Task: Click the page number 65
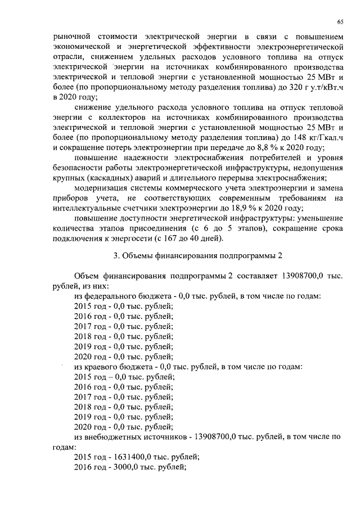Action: tap(340, 21)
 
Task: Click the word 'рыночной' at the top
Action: tap(66, 37)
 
